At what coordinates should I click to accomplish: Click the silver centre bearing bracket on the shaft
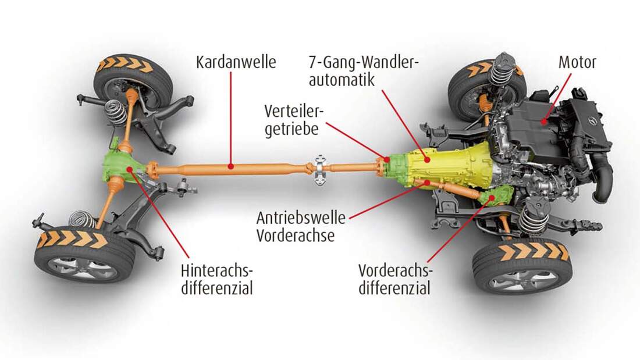click(x=319, y=169)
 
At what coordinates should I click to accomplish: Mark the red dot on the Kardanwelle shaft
click(x=231, y=166)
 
